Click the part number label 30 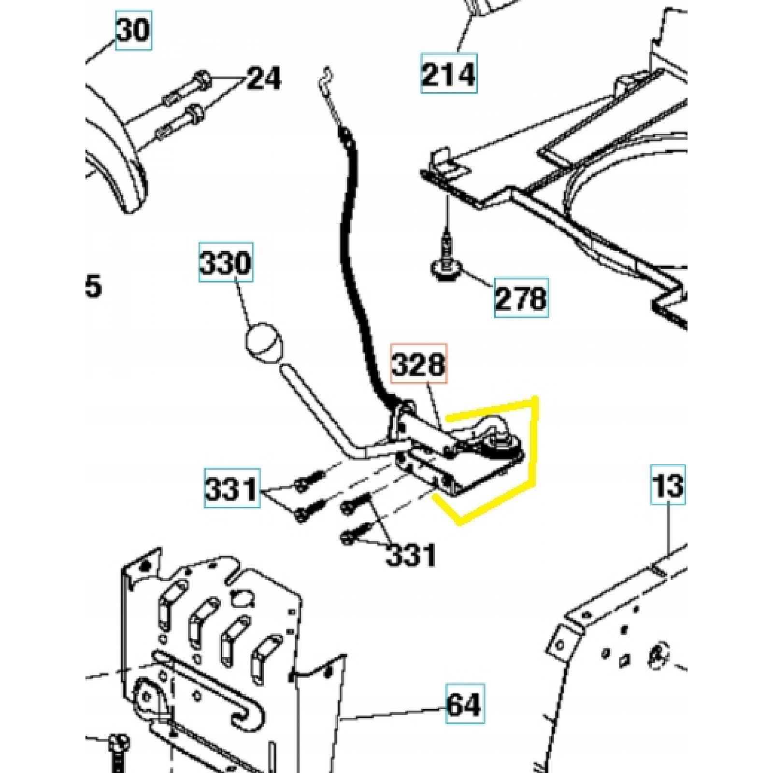click(x=134, y=30)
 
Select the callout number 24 click(x=264, y=78)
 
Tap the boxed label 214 click(x=449, y=73)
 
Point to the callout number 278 click(x=521, y=298)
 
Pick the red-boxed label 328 click(x=419, y=363)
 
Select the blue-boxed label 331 click(x=232, y=488)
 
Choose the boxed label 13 click(x=668, y=485)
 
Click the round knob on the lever click(x=264, y=342)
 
